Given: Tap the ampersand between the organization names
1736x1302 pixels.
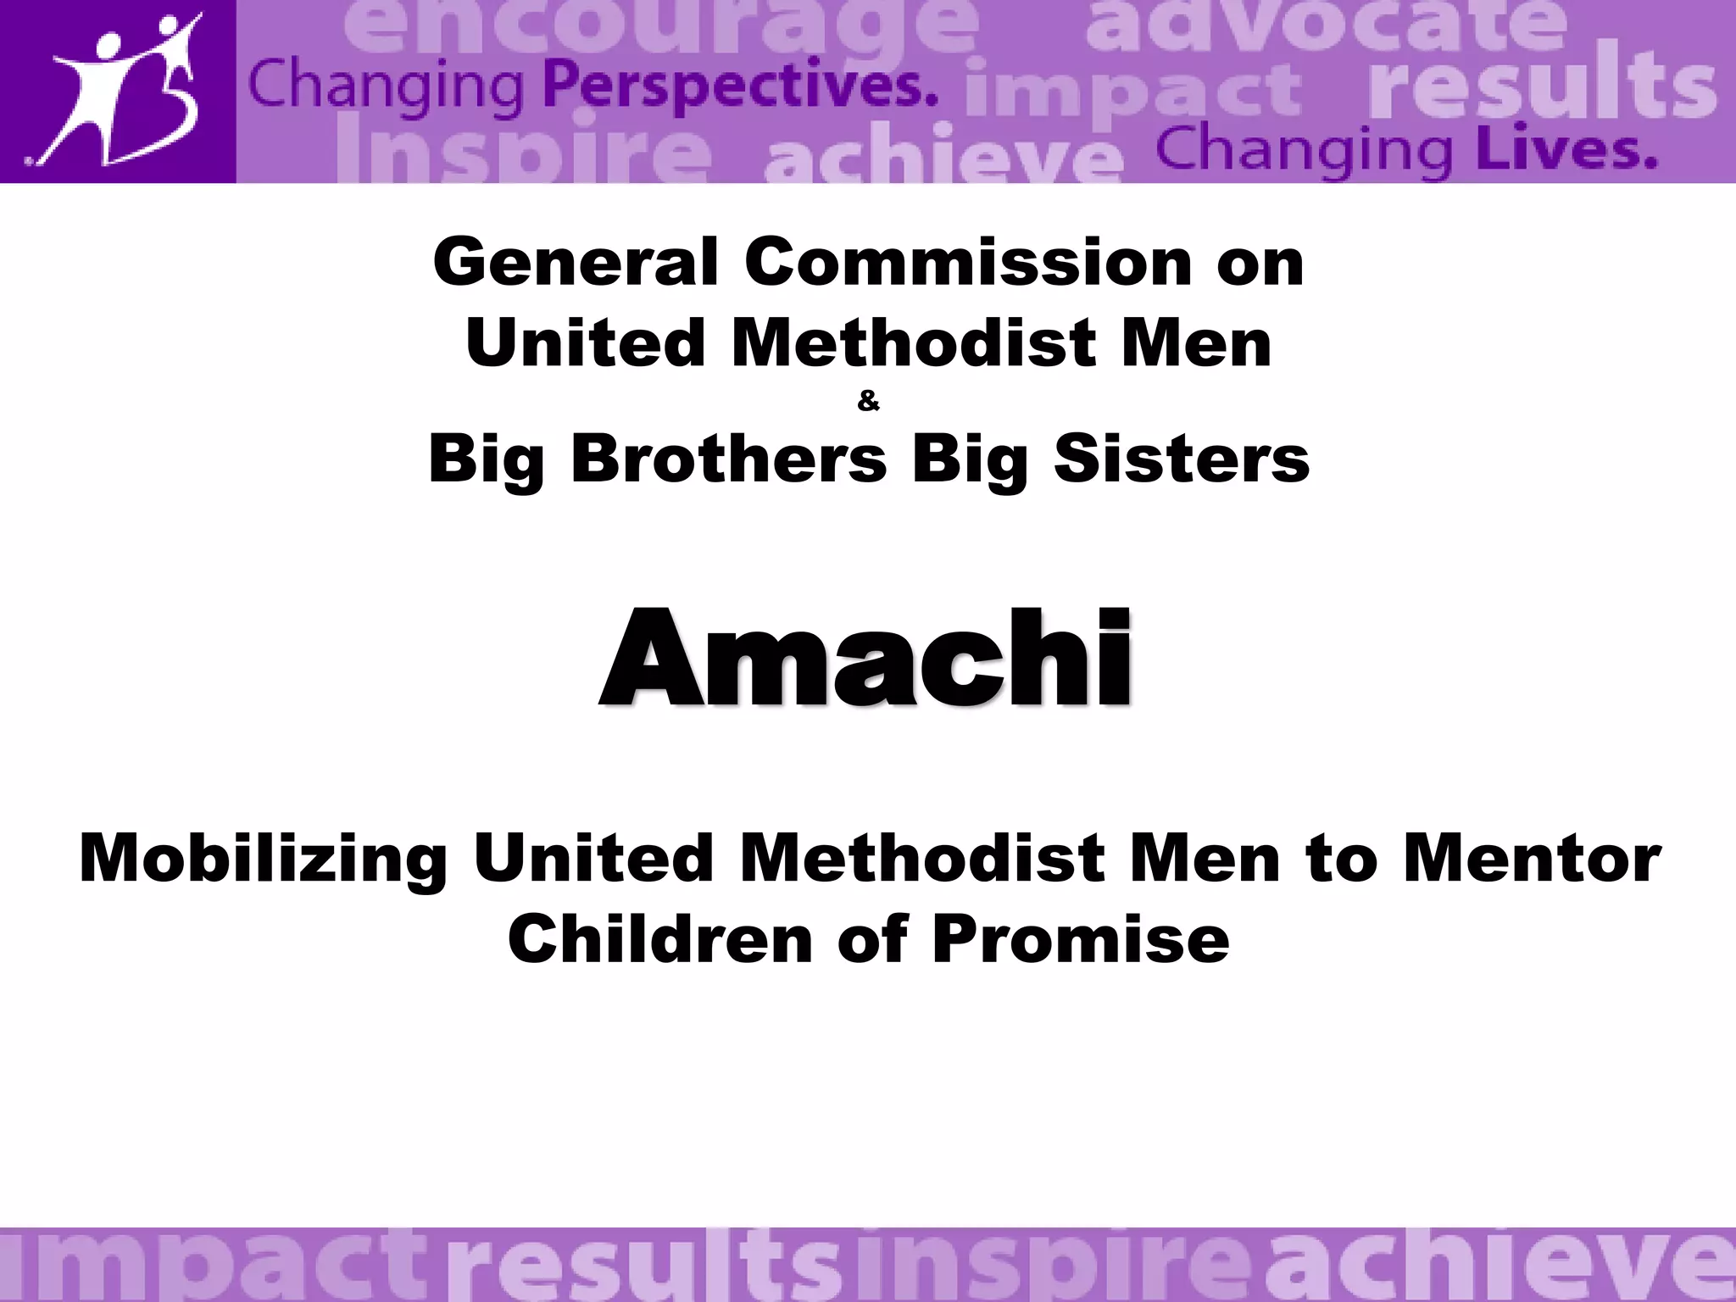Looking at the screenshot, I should (x=868, y=402).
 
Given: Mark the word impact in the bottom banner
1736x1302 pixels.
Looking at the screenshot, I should (x=212, y=1267).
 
